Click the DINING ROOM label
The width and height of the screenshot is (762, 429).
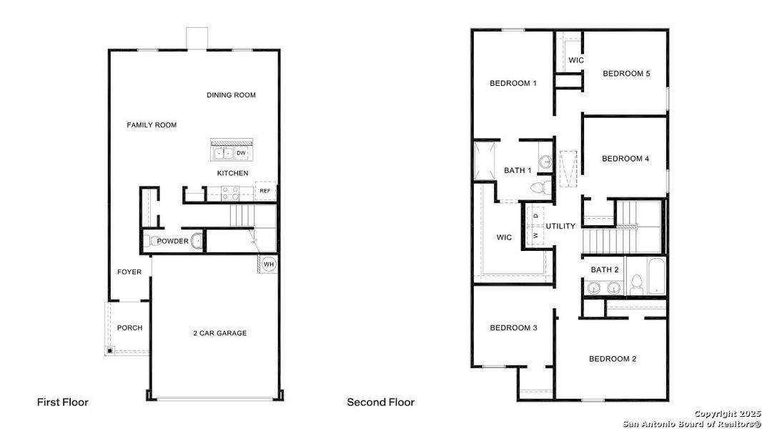231,95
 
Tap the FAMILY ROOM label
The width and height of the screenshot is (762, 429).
152,125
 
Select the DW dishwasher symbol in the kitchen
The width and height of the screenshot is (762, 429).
241,153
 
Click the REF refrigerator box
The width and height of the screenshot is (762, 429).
265,191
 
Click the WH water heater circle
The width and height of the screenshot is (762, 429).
269,264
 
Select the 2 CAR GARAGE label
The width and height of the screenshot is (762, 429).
219,333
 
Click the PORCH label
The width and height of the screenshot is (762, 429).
129,328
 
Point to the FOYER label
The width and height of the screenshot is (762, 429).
129,272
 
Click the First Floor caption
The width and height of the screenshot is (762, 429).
63,403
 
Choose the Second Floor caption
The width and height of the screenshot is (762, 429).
380,403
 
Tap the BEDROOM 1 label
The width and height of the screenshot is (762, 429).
513,84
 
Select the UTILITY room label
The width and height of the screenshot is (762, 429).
560,227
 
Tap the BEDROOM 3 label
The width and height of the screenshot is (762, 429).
513,328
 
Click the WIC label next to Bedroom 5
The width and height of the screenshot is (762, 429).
576,61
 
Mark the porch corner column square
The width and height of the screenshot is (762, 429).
109,350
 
